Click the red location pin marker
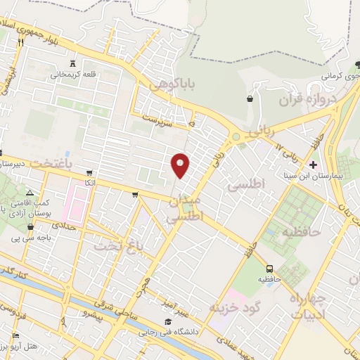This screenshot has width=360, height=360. point(181,165)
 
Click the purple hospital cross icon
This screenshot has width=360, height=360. point(313,164)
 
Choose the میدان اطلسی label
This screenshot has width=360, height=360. point(185,210)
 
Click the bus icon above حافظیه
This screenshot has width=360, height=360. point(269,269)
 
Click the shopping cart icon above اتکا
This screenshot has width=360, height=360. point(89,172)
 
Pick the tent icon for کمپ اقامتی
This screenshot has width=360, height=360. point(29,193)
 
